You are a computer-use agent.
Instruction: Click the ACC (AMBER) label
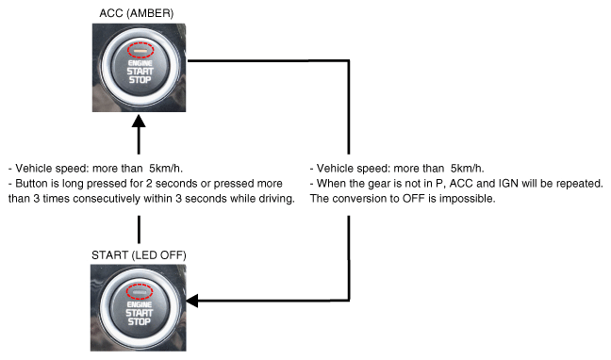coord(137,13)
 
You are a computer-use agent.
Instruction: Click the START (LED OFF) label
coord(139,255)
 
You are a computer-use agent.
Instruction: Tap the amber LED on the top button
coord(140,50)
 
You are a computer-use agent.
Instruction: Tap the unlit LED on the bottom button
coord(140,292)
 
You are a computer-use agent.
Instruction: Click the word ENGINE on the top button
coord(140,63)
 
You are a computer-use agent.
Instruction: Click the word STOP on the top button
coord(140,80)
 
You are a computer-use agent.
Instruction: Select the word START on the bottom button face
coord(140,313)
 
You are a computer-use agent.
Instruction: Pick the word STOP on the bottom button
coord(140,321)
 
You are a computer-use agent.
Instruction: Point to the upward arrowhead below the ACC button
coord(139,121)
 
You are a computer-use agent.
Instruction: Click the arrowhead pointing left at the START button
coord(192,301)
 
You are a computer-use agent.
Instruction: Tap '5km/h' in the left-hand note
coord(165,169)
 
